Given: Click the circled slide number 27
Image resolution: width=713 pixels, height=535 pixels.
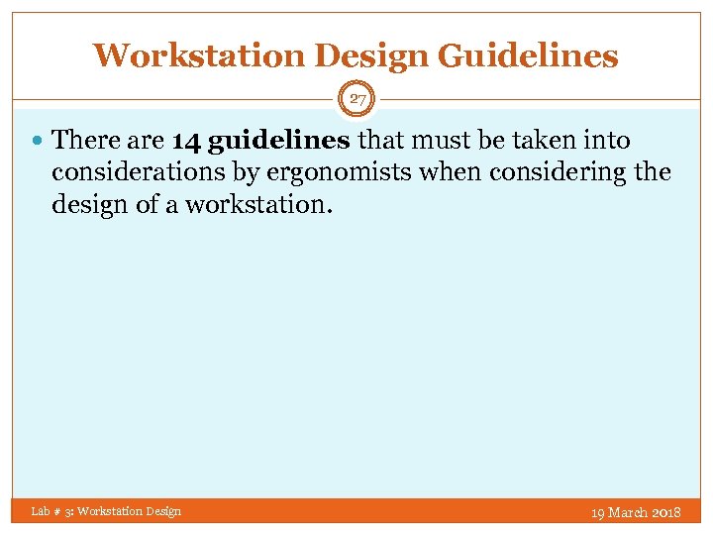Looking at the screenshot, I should (356, 99).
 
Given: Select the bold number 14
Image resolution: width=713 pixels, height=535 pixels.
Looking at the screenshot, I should (187, 141).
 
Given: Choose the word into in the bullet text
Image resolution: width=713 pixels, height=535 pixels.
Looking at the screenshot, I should (608, 141).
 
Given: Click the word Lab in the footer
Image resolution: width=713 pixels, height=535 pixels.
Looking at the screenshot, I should (41, 511).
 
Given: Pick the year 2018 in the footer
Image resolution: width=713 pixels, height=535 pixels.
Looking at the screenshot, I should (666, 512).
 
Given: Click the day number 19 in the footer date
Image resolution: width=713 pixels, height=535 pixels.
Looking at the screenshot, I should (597, 512).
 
